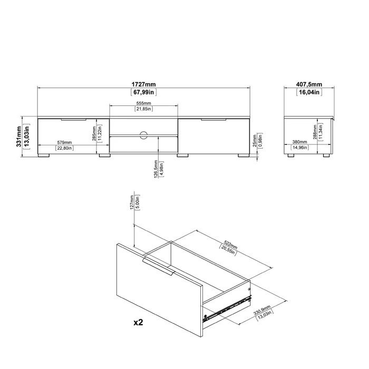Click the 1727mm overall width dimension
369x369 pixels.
tap(143, 84)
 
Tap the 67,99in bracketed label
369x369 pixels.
tap(143, 92)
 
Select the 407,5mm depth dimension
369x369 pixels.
tap(309, 84)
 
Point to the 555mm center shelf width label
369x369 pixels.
tap(143, 103)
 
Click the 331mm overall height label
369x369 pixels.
tap(19, 137)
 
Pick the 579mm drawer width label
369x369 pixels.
tap(64, 143)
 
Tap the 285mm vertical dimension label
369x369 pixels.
tap(94, 134)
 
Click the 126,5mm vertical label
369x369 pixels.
tap(156, 169)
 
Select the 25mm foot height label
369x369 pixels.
tap(255, 141)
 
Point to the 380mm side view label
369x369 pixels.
tap(299, 142)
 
